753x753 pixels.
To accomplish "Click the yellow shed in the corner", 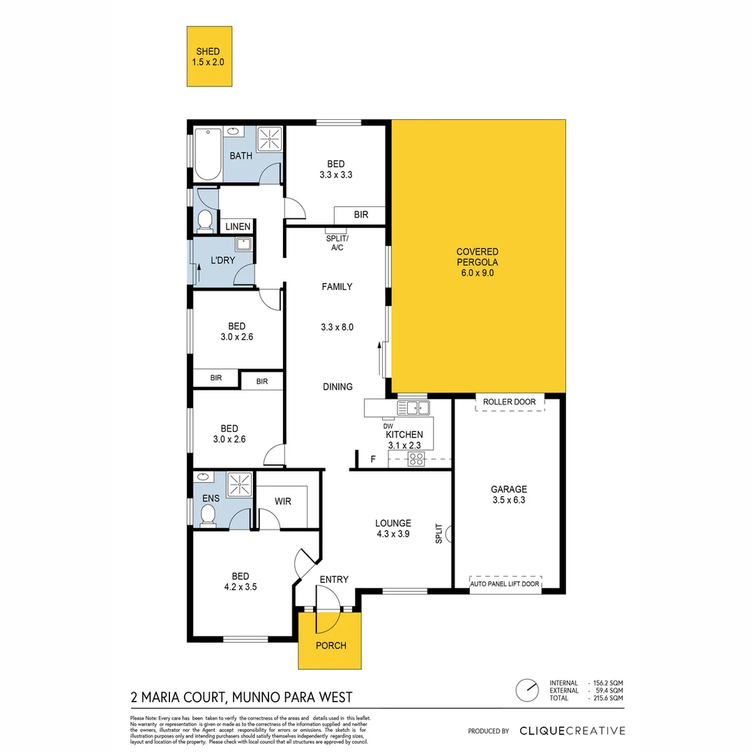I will [209, 56].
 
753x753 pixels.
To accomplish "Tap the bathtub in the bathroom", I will [207, 153].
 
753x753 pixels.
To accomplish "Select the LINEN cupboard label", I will [237, 227].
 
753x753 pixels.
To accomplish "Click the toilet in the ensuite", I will [207, 515].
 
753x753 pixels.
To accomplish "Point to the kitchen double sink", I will [413, 407].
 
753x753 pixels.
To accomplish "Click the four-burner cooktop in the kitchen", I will [416, 459].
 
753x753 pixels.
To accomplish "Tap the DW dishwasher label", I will [388, 426].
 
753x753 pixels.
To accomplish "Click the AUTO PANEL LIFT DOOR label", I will [505, 584].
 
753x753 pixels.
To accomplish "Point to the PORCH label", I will [330, 645].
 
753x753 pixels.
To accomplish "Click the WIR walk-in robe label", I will [282, 501].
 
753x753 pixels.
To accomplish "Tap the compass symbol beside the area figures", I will [527, 690].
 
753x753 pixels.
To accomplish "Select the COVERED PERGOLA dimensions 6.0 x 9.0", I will [477, 273].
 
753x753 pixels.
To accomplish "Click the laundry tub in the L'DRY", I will [243, 244].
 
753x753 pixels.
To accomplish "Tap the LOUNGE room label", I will [393, 523].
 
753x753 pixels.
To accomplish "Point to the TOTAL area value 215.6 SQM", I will [606, 697].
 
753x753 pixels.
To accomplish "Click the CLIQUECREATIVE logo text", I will [572, 731].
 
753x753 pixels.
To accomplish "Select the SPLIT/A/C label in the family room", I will [337, 243].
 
